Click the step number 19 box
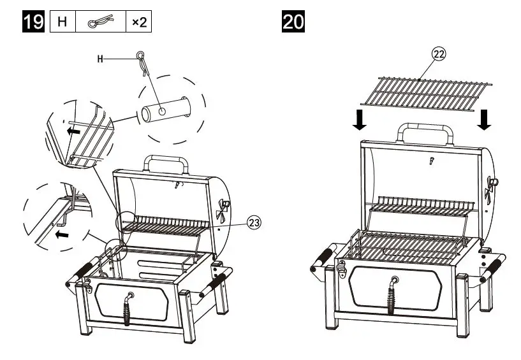pyautogui.click(x=33, y=22)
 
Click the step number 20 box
pyautogui.click(x=293, y=22)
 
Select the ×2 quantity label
pyautogui.click(x=139, y=22)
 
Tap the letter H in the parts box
pyautogui.click(x=62, y=22)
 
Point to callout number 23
pyautogui.click(x=253, y=222)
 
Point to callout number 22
pyautogui.click(x=439, y=54)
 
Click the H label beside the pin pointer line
pyautogui.click(x=100, y=59)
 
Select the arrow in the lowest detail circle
pyautogui.click(x=61, y=234)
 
